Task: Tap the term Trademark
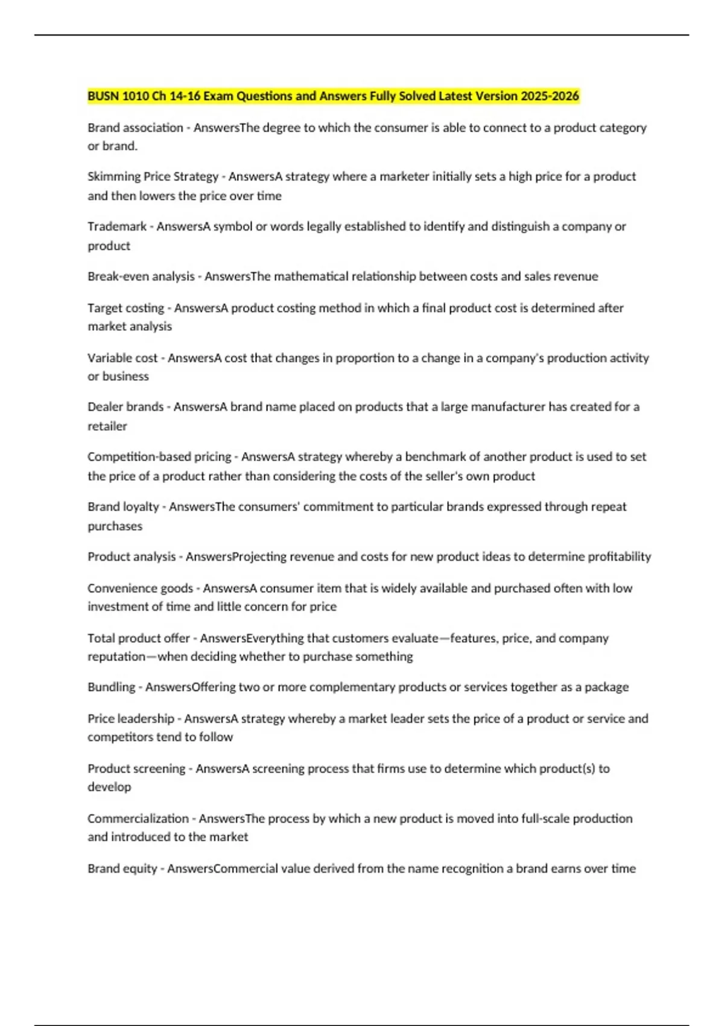click(x=117, y=226)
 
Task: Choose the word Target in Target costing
click(x=104, y=308)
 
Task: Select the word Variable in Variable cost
click(x=109, y=358)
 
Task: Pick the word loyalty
click(x=141, y=507)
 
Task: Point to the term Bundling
click(x=111, y=687)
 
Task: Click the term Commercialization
click(x=138, y=818)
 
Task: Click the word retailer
click(x=107, y=426)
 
